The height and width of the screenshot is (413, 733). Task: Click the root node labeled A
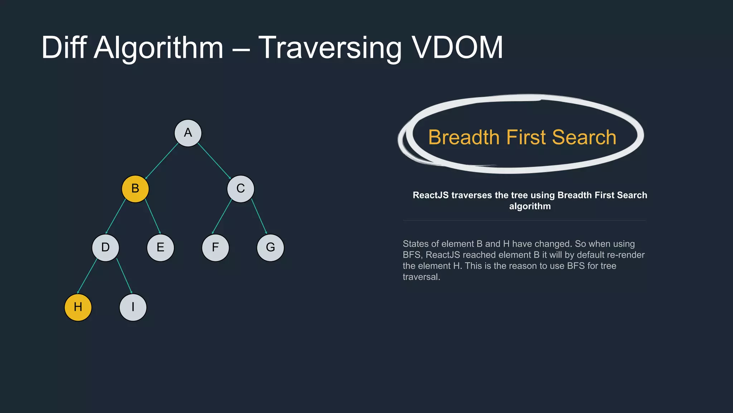pos(188,133)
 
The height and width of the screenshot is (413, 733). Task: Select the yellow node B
pos(135,189)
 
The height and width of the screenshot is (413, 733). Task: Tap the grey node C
pos(241,189)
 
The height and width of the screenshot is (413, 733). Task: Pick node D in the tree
pos(105,247)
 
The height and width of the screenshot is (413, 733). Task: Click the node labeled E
pos(160,247)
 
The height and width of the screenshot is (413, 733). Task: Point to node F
pos(215,247)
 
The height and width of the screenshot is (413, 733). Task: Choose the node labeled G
pos(270,247)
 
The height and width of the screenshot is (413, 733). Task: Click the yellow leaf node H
pos(78,307)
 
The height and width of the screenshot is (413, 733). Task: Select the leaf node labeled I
pos(133,307)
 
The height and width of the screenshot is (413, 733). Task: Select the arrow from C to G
pos(259,216)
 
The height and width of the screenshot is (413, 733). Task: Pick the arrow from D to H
pos(87,276)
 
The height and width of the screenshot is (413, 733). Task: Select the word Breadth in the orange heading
pos(463,137)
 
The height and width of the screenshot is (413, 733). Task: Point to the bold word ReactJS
pos(431,195)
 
